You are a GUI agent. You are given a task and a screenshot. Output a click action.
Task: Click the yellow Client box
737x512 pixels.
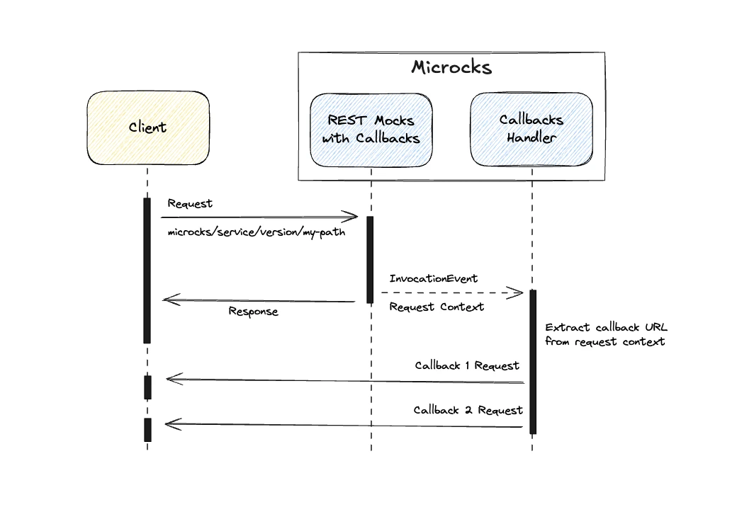click(148, 128)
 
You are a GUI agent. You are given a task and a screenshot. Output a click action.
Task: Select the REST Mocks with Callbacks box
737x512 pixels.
click(371, 130)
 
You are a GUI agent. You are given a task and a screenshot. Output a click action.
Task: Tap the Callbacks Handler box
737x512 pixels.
click(531, 128)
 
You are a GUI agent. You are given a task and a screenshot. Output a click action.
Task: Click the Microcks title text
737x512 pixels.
click(451, 68)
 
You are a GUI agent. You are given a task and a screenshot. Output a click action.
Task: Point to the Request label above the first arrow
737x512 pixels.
click(190, 204)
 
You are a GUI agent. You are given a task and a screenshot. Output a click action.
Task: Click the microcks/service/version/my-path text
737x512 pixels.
click(257, 232)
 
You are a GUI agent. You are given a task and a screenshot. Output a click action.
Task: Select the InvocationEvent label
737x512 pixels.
click(434, 278)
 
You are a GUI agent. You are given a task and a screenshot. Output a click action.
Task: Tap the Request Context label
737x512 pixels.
click(437, 307)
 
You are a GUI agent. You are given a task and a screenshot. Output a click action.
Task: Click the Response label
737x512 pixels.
click(253, 312)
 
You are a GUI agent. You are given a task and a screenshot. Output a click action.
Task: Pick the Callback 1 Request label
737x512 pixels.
click(467, 366)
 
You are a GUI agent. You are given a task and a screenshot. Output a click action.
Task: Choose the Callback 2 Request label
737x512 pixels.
click(468, 410)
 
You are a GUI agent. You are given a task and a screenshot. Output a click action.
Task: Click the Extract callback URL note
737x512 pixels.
click(606, 334)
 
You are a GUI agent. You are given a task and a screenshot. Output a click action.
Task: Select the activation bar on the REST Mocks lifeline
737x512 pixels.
click(369, 259)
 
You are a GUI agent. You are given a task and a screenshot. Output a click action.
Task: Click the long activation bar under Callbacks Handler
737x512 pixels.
click(532, 361)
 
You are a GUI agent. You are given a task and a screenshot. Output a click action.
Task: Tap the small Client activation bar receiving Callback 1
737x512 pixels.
click(147, 387)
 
